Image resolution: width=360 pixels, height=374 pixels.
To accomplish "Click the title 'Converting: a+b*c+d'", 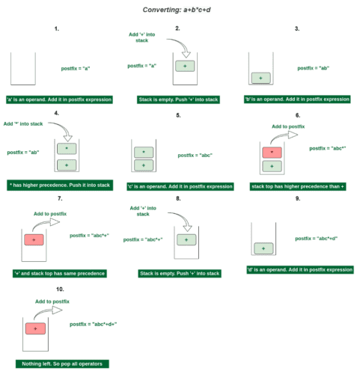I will (180, 10).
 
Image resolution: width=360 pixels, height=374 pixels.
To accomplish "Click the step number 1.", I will (56, 28).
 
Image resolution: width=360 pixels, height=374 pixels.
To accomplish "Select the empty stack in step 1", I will (24, 69).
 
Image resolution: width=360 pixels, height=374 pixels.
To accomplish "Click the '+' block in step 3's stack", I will (260, 78).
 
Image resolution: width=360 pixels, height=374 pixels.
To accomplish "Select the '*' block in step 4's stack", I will (67, 149).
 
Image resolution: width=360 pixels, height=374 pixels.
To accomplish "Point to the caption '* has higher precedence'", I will (59, 184).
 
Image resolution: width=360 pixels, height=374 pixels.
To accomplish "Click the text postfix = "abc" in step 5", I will (195, 156).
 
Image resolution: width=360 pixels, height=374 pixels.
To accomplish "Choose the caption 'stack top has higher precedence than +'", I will (299, 184).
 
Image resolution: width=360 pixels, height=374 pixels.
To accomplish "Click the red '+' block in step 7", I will (34, 239).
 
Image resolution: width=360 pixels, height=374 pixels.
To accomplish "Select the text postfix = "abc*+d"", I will (316, 238).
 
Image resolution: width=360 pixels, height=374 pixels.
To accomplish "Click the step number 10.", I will (59, 288).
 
